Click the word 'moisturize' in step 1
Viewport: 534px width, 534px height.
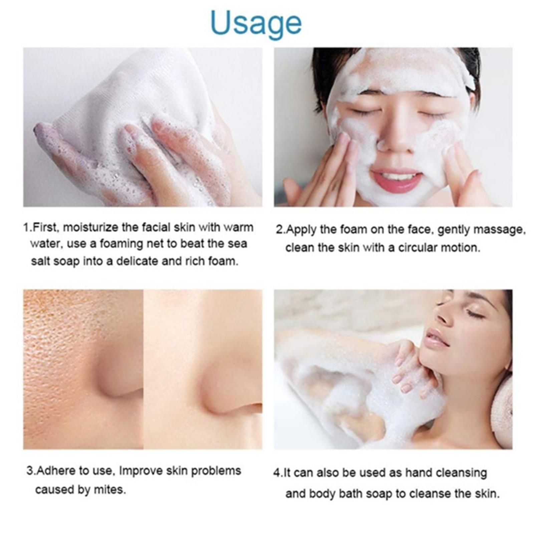(x=90, y=227)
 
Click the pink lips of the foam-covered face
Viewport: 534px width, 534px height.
(x=396, y=180)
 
